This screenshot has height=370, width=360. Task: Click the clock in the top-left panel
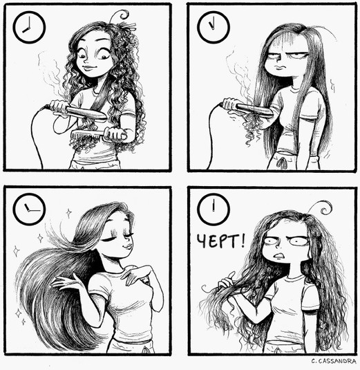(x=29, y=27)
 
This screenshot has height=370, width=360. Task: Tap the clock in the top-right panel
(x=214, y=27)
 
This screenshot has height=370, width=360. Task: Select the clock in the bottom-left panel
(x=29, y=209)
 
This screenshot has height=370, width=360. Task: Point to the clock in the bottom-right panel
(x=214, y=210)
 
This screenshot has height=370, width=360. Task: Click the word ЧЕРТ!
(x=221, y=241)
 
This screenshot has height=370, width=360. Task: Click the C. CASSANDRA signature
(x=333, y=361)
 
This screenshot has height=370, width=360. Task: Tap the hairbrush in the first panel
(x=99, y=135)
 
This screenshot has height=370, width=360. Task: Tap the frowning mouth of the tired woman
(x=281, y=66)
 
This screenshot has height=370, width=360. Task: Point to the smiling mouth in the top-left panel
(x=88, y=68)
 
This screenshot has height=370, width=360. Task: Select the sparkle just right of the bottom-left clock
(x=68, y=213)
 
